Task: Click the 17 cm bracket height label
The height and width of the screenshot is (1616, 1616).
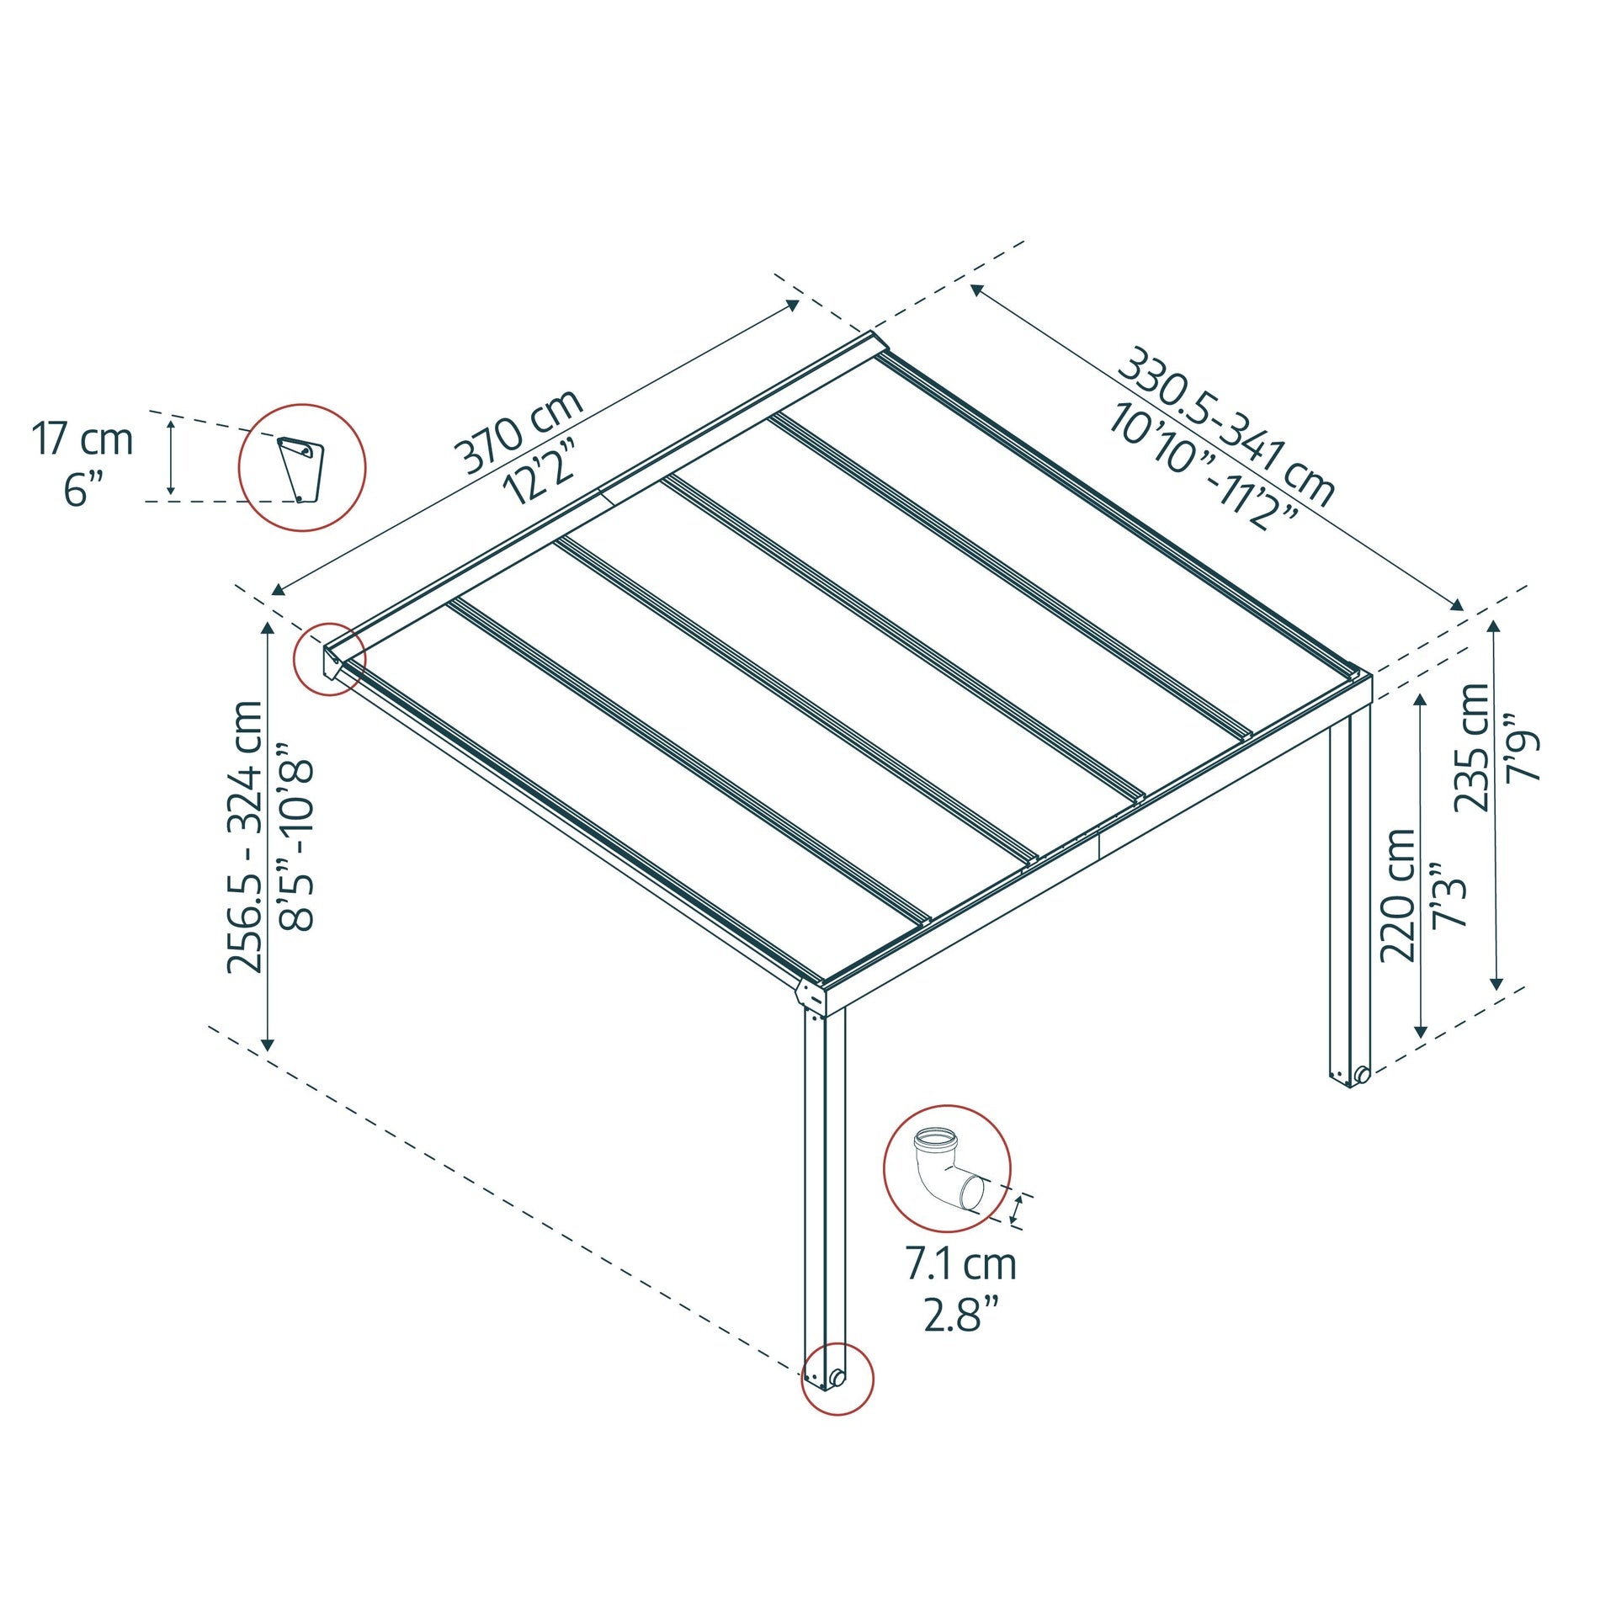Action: click(x=82, y=439)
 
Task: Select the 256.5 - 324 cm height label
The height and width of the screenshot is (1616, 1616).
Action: click(x=246, y=837)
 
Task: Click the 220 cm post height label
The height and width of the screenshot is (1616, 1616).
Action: click(x=1398, y=896)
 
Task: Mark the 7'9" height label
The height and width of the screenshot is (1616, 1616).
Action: click(x=1523, y=747)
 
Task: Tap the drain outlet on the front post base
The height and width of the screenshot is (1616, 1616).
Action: click(x=837, y=1377)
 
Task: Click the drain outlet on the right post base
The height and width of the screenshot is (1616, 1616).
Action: click(x=1361, y=1074)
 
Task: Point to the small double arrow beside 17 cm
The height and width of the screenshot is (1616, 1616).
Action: click(x=171, y=458)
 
